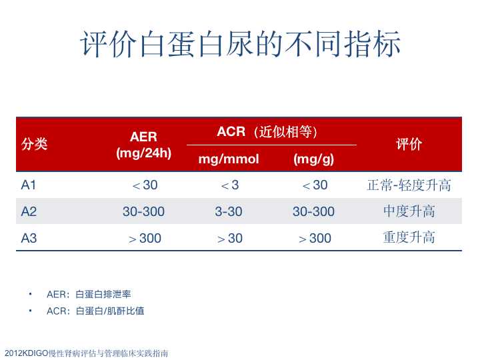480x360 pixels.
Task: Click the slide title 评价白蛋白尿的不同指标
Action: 240,45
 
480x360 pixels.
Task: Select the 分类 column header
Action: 34,143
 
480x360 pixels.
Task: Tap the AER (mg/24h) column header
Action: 143,145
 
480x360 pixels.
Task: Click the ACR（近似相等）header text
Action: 267,131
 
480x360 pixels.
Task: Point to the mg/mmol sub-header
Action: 229,159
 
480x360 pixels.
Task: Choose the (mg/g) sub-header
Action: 313,159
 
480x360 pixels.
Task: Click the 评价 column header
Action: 409,144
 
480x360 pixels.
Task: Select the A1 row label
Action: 29,185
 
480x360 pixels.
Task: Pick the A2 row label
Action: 29,211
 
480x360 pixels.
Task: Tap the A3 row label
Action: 29,238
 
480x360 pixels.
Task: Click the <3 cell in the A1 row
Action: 229,185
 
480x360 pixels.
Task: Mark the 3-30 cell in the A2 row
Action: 229,211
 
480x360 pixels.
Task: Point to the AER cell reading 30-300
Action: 143,211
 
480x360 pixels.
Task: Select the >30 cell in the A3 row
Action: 229,238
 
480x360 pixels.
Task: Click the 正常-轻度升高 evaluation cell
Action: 409,185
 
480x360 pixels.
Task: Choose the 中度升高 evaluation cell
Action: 409,211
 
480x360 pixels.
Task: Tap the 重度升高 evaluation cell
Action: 409,238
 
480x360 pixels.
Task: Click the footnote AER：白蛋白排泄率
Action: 89,294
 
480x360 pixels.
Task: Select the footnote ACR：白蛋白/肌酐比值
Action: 95,311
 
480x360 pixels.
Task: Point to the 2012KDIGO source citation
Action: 87,353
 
